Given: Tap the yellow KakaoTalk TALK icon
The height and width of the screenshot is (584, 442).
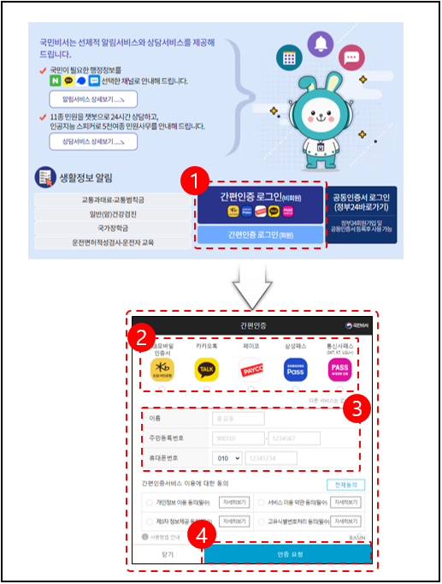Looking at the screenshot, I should pos(206,369).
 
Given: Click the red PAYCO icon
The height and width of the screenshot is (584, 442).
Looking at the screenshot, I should pos(251,369).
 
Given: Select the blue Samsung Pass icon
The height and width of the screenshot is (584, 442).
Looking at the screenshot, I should pos(295,369).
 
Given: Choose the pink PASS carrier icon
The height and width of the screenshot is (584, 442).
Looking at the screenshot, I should pos(339,369).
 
